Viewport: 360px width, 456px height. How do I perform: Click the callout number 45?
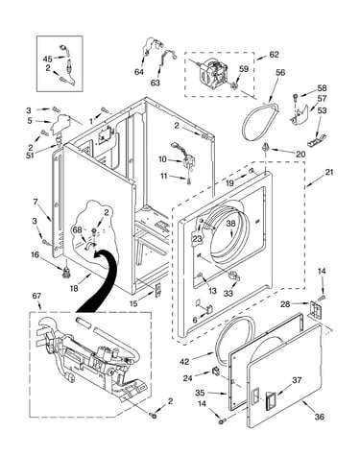48,60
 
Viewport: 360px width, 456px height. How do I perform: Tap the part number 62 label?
274,55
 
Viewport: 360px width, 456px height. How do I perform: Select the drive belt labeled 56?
260,122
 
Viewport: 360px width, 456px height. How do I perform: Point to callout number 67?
36,296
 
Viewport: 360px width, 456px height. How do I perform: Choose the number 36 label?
320,417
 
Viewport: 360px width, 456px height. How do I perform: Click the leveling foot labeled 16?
66,272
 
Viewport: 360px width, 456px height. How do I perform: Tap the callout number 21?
329,172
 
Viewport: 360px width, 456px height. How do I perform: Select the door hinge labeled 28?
314,309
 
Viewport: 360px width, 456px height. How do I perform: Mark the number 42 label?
184,362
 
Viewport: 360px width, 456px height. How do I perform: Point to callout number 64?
139,72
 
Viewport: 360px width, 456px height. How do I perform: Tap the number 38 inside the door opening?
230,224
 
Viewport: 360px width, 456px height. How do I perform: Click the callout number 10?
162,159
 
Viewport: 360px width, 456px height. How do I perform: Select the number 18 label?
74,289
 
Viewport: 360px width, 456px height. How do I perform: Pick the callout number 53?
322,110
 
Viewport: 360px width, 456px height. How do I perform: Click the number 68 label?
77,229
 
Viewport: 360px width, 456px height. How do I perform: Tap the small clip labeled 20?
265,148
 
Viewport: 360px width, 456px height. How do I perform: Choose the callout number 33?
228,293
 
